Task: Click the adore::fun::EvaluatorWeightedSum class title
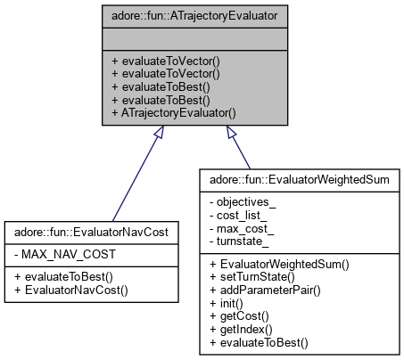(x=296, y=178)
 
